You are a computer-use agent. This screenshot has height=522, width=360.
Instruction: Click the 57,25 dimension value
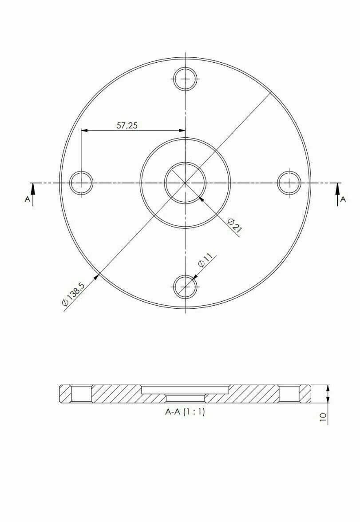[127, 125]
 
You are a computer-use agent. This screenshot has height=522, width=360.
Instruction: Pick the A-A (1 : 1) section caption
[185, 412]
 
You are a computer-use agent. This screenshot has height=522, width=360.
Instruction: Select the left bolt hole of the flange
[81, 183]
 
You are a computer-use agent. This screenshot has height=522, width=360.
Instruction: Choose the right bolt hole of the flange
[289, 183]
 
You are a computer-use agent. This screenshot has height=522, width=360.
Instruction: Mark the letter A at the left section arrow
[27, 200]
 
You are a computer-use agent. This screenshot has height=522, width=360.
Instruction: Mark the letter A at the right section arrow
[343, 200]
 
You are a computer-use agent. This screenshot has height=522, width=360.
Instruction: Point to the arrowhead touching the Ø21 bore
[202, 199]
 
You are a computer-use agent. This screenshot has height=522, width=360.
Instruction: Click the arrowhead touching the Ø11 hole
[196, 277]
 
